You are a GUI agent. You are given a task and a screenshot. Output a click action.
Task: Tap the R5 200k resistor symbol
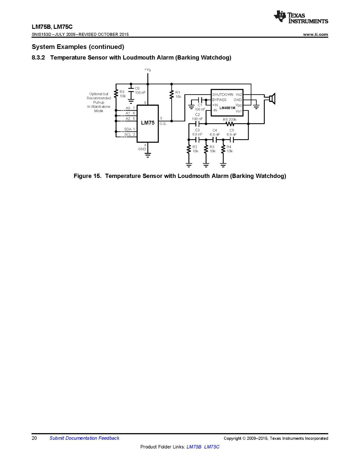230,124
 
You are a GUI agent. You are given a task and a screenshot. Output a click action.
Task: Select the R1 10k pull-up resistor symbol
172,95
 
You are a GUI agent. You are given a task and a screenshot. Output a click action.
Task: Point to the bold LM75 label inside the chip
148,123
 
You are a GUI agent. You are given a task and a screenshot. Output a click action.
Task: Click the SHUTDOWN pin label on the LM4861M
223,95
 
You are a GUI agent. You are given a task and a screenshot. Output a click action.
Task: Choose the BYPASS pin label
219,100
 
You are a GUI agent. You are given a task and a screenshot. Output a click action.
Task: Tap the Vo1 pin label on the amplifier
239,111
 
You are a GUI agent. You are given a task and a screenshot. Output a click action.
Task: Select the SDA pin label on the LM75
128,129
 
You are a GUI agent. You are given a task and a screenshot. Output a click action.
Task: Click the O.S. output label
163,124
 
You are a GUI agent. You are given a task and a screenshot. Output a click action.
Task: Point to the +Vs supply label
147,70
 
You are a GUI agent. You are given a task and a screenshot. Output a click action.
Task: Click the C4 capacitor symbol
215,140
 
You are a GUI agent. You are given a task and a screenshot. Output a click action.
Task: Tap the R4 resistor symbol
223,149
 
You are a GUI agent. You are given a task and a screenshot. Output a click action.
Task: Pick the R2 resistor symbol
189,149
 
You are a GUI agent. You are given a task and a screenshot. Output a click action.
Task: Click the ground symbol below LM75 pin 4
148,155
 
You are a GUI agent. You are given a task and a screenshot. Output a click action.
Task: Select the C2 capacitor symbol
197,124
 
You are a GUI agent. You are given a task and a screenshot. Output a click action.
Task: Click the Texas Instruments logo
301,17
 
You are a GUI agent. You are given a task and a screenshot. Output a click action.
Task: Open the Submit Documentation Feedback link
84,438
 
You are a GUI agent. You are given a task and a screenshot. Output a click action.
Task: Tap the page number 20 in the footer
34,438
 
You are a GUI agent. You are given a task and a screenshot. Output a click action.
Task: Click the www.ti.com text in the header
315,34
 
